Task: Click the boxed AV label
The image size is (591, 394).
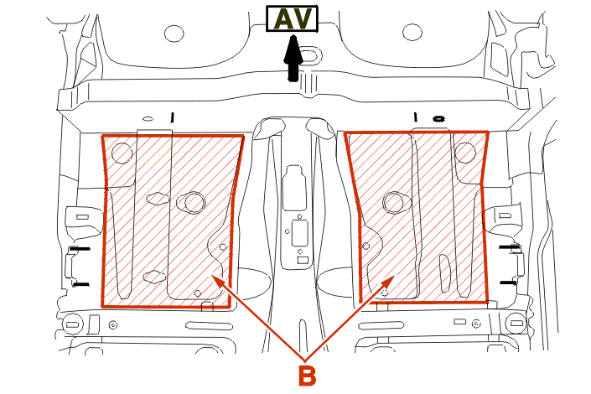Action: pyautogui.click(x=292, y=18)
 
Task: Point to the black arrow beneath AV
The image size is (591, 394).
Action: pyautogui.click(x=293, y=58)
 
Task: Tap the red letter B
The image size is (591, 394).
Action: pyautogui.click(x=307, y=376)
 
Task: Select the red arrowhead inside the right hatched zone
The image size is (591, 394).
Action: pyautogui.click(x=387, y=282)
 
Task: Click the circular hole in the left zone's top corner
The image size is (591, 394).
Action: pyautogui.click(x=122, y=153)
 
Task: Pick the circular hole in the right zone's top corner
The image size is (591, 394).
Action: pyautogui.click(x=464, y=153)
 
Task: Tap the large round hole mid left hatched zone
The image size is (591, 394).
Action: pyautogui.click(x=194, y=203)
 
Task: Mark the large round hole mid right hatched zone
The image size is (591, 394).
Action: pyautogui.click(x=393, y=202)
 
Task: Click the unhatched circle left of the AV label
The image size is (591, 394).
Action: pyautogui.click(x=174, y=34)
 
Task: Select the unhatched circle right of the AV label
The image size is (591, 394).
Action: pyautogui.click(x=412, y=32)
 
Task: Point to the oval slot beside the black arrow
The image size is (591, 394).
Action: pyautogui.click(x=311, y=55)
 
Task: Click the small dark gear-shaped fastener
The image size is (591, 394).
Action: pyautogui.click(x=438, y=119)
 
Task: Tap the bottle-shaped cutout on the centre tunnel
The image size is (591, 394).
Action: pyautogui.click(x=295, y=187)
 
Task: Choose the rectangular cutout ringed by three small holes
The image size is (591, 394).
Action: pyautogui.click(x=299, y=234)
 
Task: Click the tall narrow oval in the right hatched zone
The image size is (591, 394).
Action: pyautogui.click(x=445, y=273)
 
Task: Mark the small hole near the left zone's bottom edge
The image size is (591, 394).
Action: pyautogui.click(x=198, y=293)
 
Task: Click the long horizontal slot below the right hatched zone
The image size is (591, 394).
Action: pyautogui.click(x=383, y=325)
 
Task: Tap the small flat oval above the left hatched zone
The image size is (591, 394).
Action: pyautogui.click(x=148, y=119)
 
